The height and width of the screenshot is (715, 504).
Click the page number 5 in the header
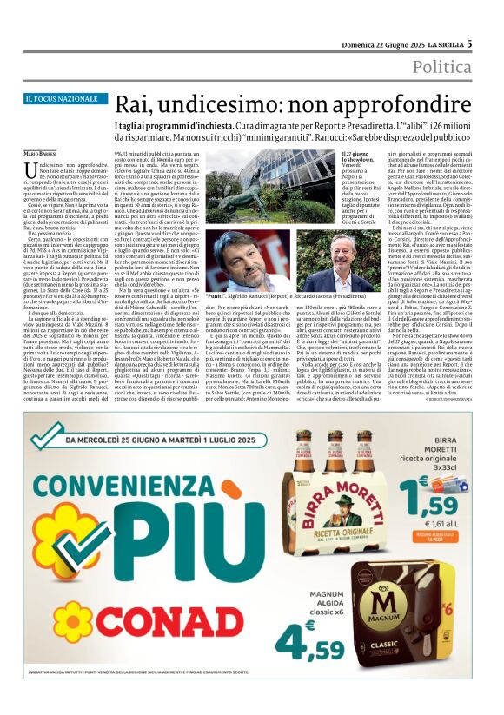coord(469,43)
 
